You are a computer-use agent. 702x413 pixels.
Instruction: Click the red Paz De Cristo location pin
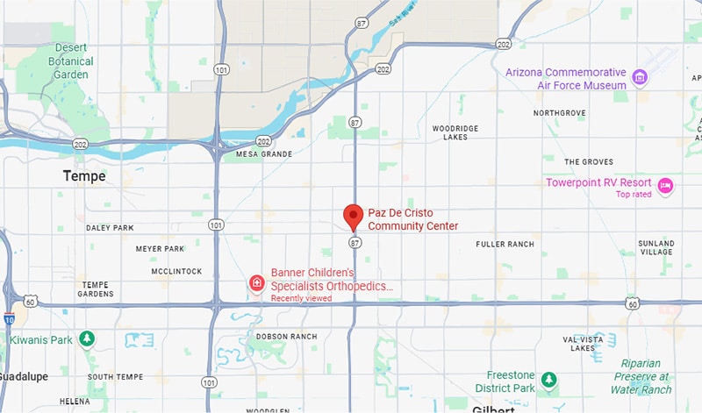354,215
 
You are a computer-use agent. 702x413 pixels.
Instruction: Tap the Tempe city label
84,176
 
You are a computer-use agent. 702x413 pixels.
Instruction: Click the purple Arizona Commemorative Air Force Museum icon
640,78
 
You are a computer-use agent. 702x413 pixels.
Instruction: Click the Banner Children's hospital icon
257,283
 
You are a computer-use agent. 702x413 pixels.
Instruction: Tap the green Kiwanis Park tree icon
87,338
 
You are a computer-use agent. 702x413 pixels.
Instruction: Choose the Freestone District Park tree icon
548,379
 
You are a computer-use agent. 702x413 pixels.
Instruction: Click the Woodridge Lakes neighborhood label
455,132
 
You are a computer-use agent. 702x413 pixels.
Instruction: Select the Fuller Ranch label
505,244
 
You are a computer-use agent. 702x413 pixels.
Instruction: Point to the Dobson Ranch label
286,337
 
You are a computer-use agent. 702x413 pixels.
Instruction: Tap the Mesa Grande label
263,154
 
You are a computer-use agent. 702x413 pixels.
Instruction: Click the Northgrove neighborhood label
560,113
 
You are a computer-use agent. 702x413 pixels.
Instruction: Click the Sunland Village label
656,247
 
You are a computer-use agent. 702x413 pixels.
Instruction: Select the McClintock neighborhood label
176,271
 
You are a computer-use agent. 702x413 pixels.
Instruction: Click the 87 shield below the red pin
355,242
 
